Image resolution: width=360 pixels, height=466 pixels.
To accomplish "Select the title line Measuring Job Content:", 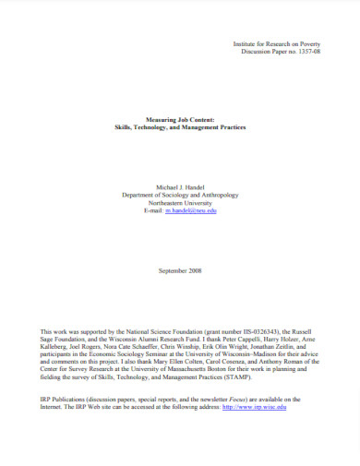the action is [x=180, y=119].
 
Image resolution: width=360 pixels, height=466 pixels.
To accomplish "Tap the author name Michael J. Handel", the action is [x=180, y=185].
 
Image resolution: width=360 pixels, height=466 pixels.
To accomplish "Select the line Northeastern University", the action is [x=180, y=202].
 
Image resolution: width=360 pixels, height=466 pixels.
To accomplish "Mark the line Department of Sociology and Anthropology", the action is [x=180, y=194].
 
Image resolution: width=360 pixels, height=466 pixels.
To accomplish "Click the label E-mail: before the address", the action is [x=155, y=210].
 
